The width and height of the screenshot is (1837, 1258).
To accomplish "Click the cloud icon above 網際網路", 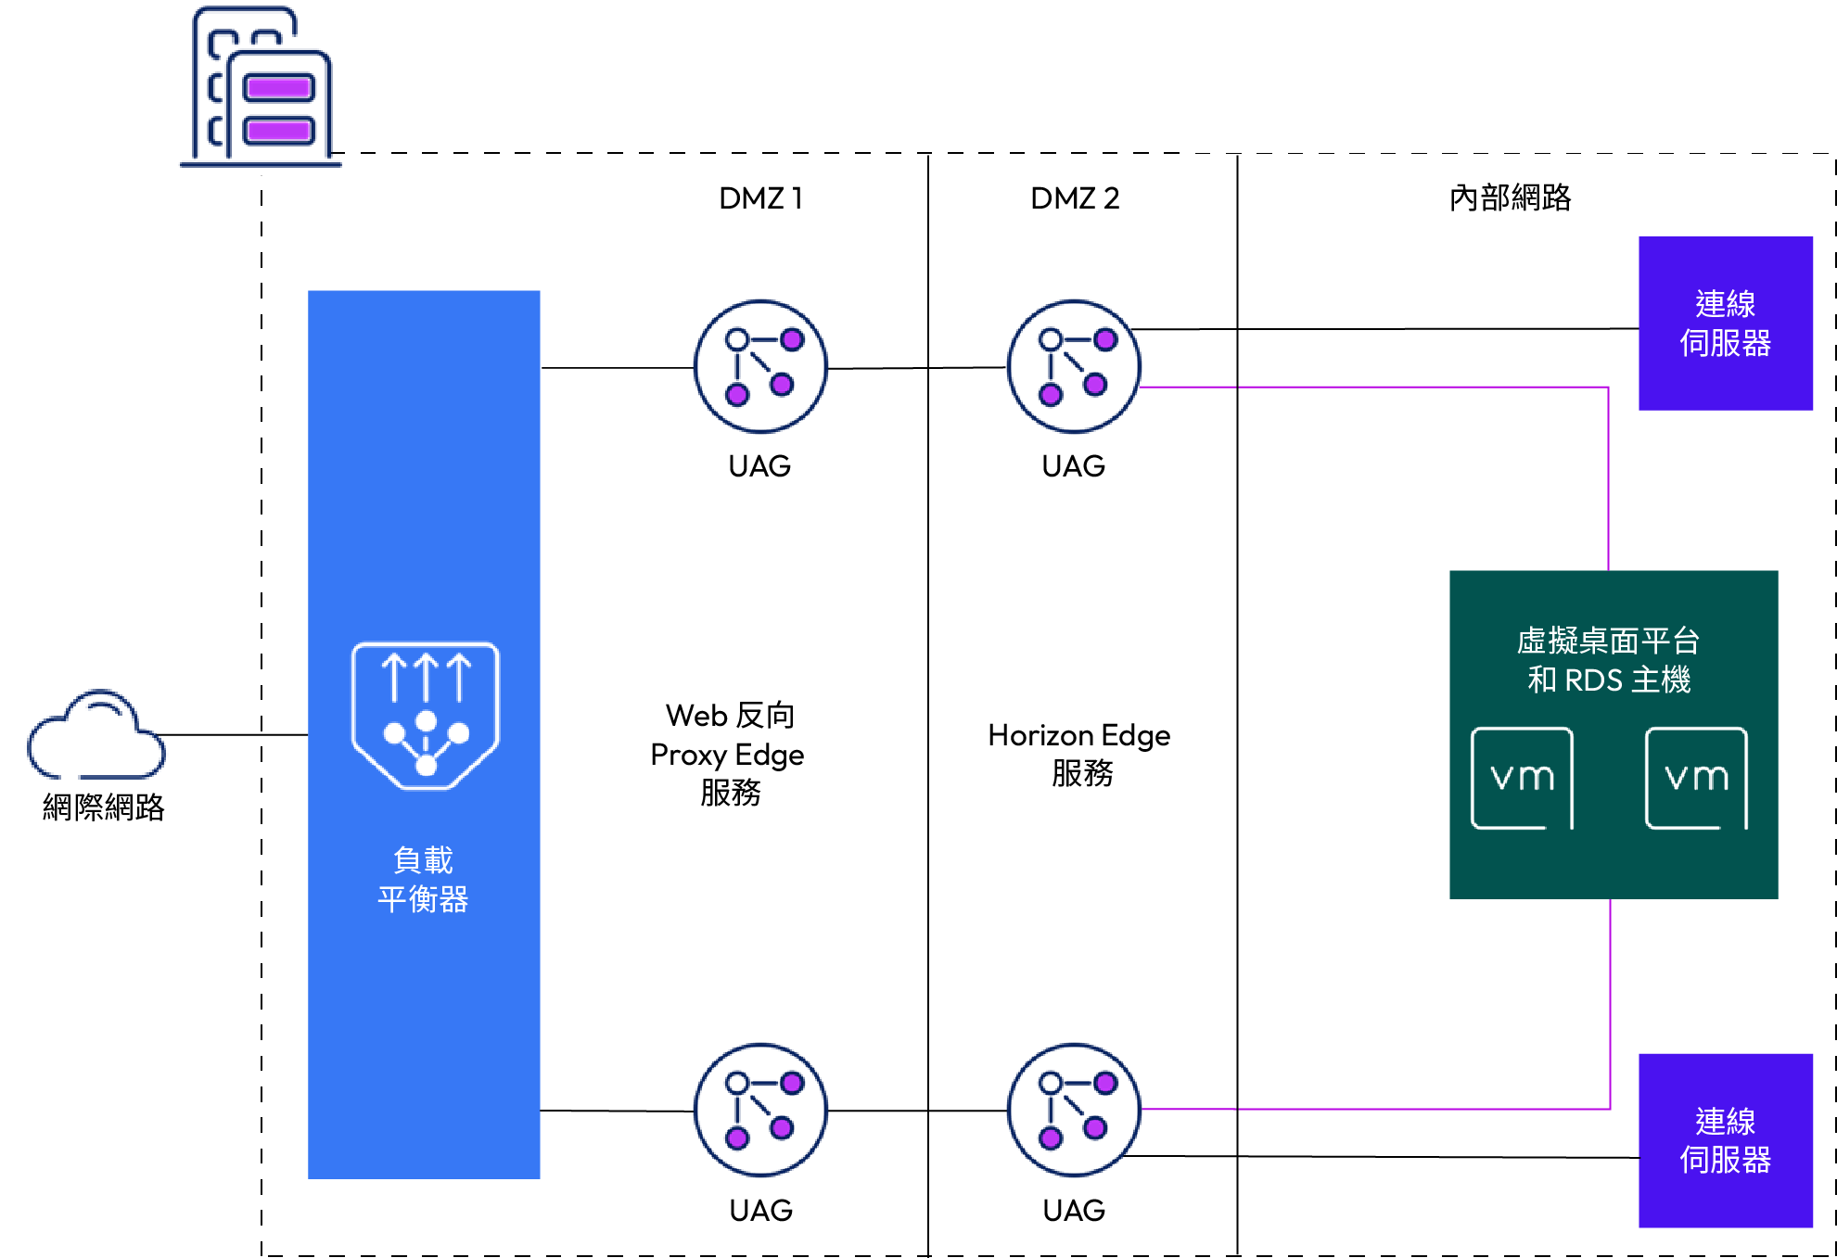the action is point(96,734).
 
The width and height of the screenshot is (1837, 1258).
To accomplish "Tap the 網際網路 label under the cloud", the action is point(104,807).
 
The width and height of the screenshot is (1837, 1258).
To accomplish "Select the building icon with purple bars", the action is point(262,86).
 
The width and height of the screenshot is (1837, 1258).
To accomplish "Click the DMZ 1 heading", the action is point(760,197).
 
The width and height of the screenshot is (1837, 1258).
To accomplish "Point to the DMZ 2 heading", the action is point(1075,197).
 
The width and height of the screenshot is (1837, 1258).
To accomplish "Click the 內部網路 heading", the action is point(1510,197).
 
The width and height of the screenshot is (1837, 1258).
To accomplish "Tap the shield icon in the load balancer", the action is point(426,716).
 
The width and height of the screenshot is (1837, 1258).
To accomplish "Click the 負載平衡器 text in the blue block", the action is point(424,880).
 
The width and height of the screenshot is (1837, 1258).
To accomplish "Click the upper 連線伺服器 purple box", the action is point(1726,324).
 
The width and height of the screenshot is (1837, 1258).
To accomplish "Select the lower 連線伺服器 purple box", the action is point(1726,1140).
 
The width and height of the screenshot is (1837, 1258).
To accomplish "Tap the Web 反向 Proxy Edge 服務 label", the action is point(728,754).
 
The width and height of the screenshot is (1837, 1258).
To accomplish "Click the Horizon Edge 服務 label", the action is point(1079,754).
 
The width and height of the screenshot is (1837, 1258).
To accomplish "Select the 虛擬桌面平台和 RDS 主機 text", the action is point(1610,660).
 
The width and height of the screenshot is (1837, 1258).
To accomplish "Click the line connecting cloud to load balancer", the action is point(234,735).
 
